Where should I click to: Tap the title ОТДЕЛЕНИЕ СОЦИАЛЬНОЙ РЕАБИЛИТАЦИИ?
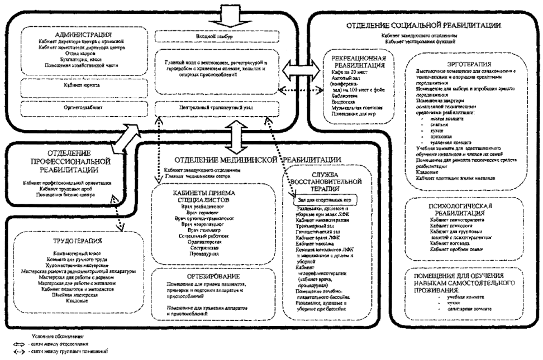(423, 26)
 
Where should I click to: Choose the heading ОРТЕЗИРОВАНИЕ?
(215, 276)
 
